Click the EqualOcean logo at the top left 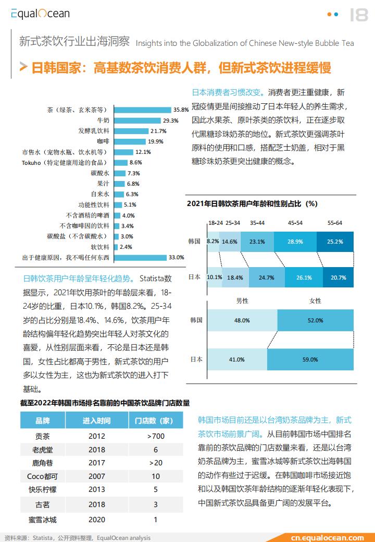point(40,14)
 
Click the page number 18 point(359,15)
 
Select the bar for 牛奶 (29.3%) point(137,121)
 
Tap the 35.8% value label point(181,110)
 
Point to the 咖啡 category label point(103,141)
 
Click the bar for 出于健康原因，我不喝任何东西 point(141,258)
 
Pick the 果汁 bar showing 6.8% point(119,184)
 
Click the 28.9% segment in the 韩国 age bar point(295,242)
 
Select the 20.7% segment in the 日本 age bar point(338,277)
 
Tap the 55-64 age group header point(335,223)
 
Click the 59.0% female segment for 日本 point(310,359)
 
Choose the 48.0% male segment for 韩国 point(242,320)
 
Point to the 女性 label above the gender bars point(315,300)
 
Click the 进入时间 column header point(96,420)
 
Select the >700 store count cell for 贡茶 point(156,436)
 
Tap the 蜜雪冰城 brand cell point(42,520)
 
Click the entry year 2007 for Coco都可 point(96,476)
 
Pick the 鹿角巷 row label point(42,463)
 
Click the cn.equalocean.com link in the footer point(328,538)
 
